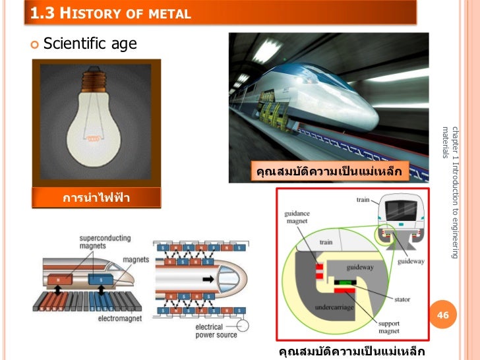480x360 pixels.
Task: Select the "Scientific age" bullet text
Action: click(90, 44)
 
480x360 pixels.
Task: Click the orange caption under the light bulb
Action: click(97, 198)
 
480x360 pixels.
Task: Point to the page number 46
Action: click(443, 316)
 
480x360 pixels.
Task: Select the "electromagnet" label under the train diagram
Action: click(117, 318)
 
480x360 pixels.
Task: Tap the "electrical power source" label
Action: click(216, 330)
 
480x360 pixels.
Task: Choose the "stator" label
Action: click(402, 299)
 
